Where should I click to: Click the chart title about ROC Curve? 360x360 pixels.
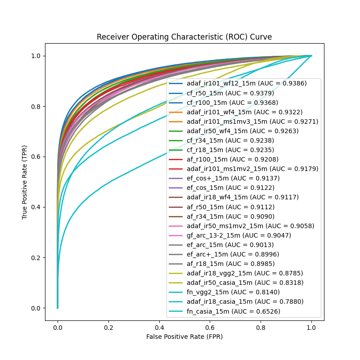[x=184, y=37]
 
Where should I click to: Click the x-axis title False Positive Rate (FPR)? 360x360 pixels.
[x=184, y=336]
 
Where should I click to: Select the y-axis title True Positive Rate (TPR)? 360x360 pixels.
[x=25, y=182]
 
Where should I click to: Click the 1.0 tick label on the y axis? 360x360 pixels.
[x=36, y=56]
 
